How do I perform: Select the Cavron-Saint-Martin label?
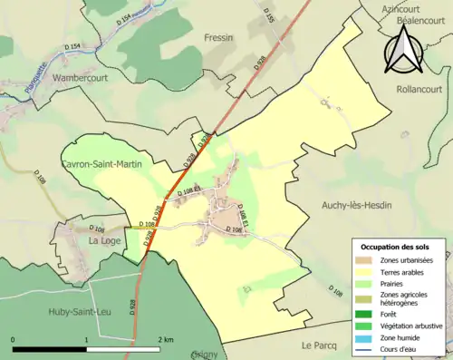(x=101, y=165)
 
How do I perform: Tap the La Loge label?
(x=106, y=241)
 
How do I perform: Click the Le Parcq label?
(x=320, y=345)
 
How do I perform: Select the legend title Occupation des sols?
(x=399, y=246)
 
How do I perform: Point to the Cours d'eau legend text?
(x=404, y=349)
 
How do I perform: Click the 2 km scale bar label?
(x=164, y=339)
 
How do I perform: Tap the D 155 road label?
(x=268, y=15)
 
